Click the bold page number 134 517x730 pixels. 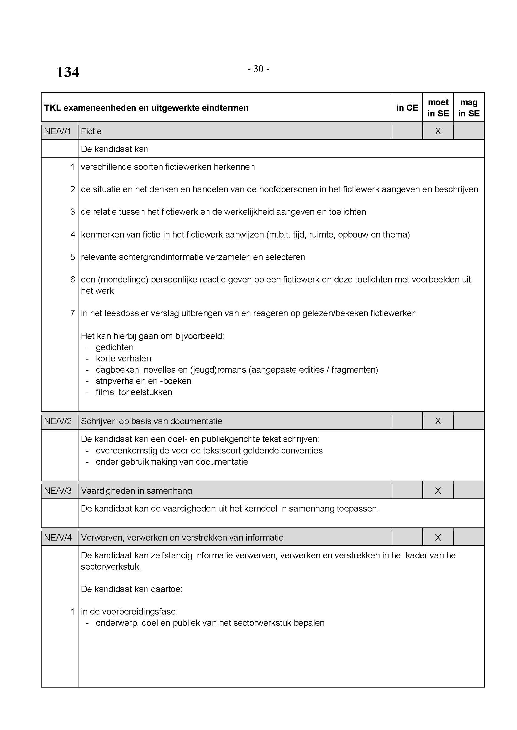(x=68, y=72)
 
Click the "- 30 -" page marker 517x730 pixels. (x=258, y=69)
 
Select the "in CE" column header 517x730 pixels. (x=407, y=108)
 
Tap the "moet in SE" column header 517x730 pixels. (x=438, y=108)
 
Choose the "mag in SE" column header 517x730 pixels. (x=469, y=108)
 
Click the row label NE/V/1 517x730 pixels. (x=58, y=131)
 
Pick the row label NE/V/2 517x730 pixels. (x=58, y=421)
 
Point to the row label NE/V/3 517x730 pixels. (x=58, y=491)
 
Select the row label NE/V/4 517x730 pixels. (x=58, y=537)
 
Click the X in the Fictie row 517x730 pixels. (x=438, y=131)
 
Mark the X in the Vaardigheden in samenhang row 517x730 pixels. (x=438, y=491)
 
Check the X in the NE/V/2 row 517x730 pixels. (x=438, y=421)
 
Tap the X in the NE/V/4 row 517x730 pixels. (x=438, y=537)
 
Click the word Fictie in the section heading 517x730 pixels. (x=91, y=131)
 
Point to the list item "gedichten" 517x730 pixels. (x=115, y=347)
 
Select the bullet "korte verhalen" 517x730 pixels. (x=123, y=358)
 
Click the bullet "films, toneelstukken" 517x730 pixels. (x=134, y=392)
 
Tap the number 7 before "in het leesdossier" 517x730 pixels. (x=73, y=313)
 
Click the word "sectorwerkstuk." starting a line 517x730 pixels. (x=111, y=566)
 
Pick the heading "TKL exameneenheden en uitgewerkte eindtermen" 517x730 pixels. (x=146, y=108)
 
